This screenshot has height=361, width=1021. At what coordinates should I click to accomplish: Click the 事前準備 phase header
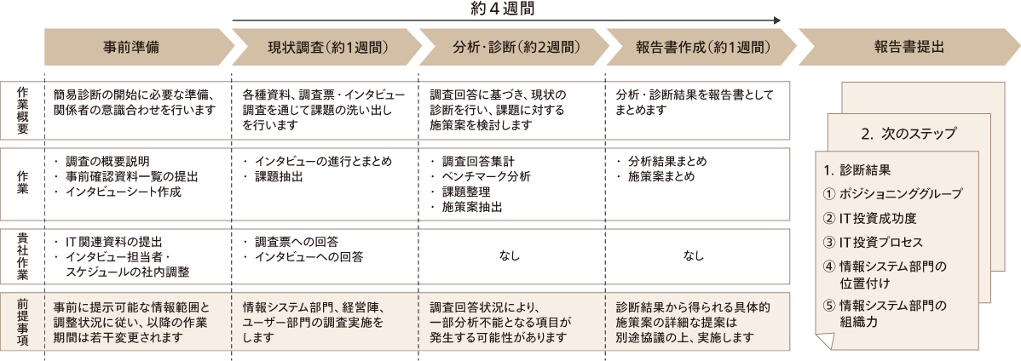coord(134,48)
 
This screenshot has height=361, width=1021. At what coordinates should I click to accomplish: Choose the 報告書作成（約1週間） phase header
coord(696,48)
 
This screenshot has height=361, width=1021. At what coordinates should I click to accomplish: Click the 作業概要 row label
coord(22,110)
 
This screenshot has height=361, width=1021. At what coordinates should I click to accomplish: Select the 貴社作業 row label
coord(22,255)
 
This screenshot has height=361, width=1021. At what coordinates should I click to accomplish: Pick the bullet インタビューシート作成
coord(123,192)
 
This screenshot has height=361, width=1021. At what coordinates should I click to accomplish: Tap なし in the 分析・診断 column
coord(509,255)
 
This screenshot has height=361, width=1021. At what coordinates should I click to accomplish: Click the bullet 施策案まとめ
coord(660,176)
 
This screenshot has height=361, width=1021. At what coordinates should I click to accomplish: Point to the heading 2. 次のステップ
coord(909,134)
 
